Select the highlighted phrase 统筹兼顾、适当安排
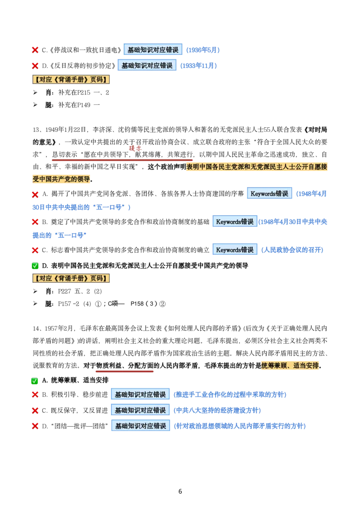tap(290, 365)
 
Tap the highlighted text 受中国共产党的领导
tap(63, 179)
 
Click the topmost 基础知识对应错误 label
tap(153, 49)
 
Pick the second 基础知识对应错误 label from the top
tap(147, 65)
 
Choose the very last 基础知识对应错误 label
tap(140, 425)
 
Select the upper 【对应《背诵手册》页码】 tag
tap(71, 80)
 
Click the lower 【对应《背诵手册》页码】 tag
tap(71, 278)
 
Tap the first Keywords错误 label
tap(269, 193)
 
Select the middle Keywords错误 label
tap(235, 221)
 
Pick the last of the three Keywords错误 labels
tap(235, 250)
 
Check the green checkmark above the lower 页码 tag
tap(35, 266)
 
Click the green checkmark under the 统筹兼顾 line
tap(35, 381)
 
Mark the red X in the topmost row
tap(35, 49)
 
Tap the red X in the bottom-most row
tap(35, 425)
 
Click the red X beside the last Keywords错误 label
tap(35, 250)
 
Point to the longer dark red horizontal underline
tap(122, 160)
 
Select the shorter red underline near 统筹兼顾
tap(124, 372)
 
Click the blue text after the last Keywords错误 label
tap(292, 250)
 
